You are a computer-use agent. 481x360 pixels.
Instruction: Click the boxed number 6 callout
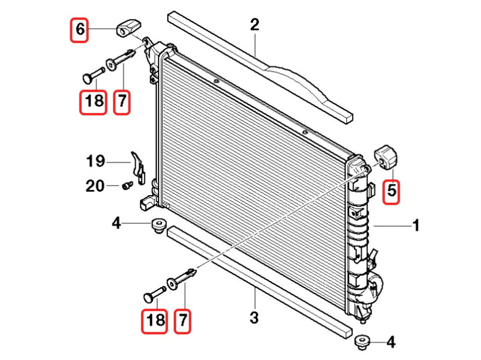(x=80, y=30)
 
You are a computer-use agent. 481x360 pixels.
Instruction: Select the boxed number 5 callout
(x=392, y=191)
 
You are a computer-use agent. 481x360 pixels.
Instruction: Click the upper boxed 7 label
(x=122, y=101)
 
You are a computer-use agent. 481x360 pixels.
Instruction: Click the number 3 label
(x=254, y=318)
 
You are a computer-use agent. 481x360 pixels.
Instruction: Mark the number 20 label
(x=95, y=186)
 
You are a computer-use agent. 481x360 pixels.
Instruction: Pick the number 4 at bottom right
(x=391, y=342)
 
